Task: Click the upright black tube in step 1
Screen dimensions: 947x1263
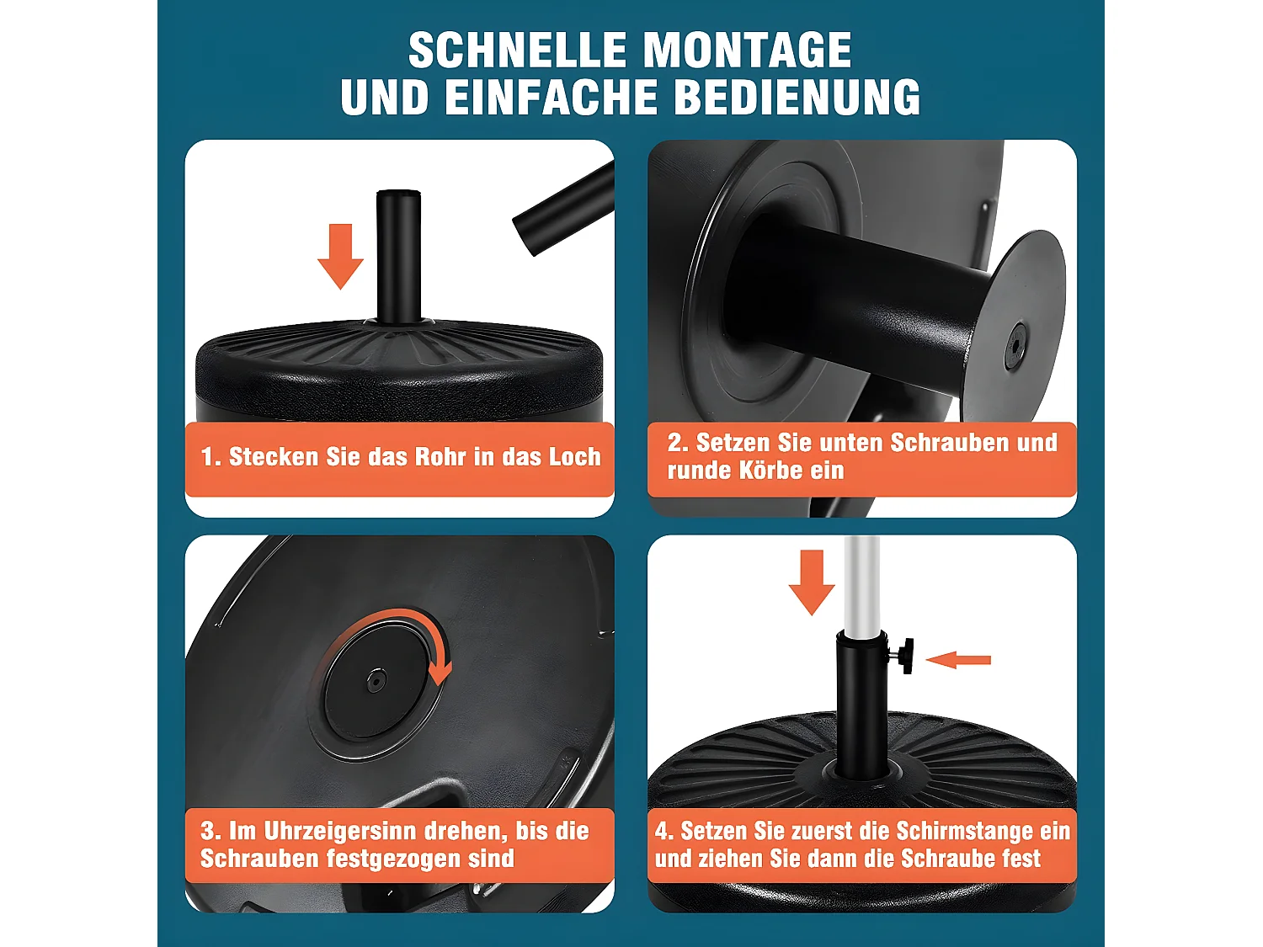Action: point(398,256)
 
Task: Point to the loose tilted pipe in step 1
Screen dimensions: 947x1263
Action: point(562,210)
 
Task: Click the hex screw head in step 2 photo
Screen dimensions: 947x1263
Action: point(1016,343)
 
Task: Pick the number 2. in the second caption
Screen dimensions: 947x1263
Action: point(678,443)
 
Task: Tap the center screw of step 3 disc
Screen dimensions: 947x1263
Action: point(375,680)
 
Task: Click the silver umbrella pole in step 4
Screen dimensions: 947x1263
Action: point(861,581)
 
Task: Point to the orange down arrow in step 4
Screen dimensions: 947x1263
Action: point(812,582)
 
